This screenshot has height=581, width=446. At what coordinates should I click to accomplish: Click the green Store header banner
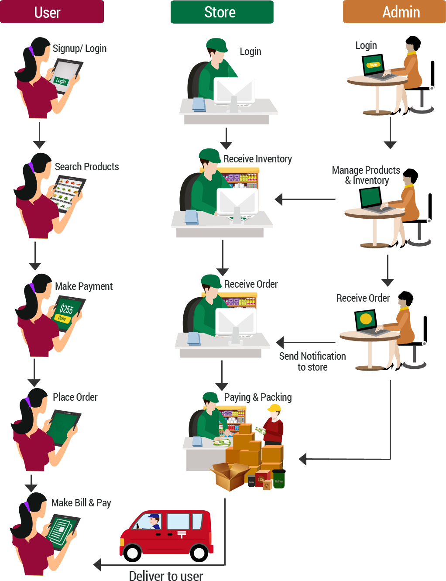[222, 12]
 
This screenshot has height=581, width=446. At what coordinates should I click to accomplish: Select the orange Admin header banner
[394, 12]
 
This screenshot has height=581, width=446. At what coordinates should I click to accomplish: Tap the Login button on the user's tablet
[61, 81]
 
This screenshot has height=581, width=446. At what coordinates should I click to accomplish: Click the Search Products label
[87, 167]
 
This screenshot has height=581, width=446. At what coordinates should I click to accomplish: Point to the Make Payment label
[84, 286]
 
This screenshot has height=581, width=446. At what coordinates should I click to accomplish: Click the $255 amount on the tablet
[67, 309]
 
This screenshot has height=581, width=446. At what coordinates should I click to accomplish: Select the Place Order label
[75, 397]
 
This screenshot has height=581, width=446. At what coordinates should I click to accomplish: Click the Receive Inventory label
[257, 159]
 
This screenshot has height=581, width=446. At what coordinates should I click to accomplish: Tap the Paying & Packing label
[258, 397]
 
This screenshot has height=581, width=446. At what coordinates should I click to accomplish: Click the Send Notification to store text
[312, 362]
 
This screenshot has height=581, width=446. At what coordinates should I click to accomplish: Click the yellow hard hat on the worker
[274, 408]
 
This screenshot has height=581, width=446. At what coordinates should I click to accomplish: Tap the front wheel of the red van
[132, 553]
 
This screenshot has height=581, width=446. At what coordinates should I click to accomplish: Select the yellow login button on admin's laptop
[373, 65]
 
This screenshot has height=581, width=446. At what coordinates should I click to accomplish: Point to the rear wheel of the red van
[199, 553]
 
